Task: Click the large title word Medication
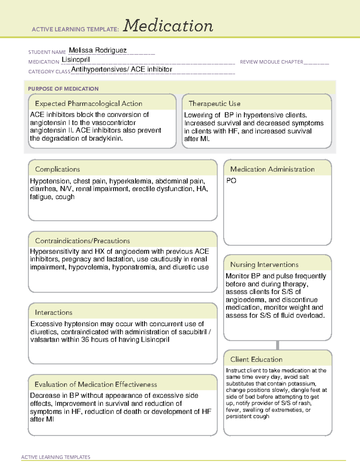pyautogui.click(x=168, y=26)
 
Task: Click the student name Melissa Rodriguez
pyautogui.click(x=98, y=50)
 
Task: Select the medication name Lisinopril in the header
pyautogui.click(x=76, y=60)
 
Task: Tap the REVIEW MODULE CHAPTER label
pyautogui.click(x=271, y=62)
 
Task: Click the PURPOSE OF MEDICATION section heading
pyautogui.click(x=63, y=89)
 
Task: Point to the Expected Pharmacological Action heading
pyautogui.click(x=88, y=104)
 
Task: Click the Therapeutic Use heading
pyautogui.click(x=214, y=104)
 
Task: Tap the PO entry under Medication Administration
pyautogui.click(x=231, y=181)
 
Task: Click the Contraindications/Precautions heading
pyautogui.click(x=82, y=241)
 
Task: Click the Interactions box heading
pyautogui.click(x=54, y=313)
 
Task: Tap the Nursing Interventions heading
pyautogui.click(x=264, y=265)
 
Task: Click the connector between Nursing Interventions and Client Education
pyautogui.click(x=277, y=345)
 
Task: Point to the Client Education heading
pyautogui.click(x=256, y=359)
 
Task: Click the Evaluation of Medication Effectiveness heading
pyautogui.click(x=96, y=385)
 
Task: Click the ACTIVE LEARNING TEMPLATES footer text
pyautogui.click(x=56, y=457)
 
